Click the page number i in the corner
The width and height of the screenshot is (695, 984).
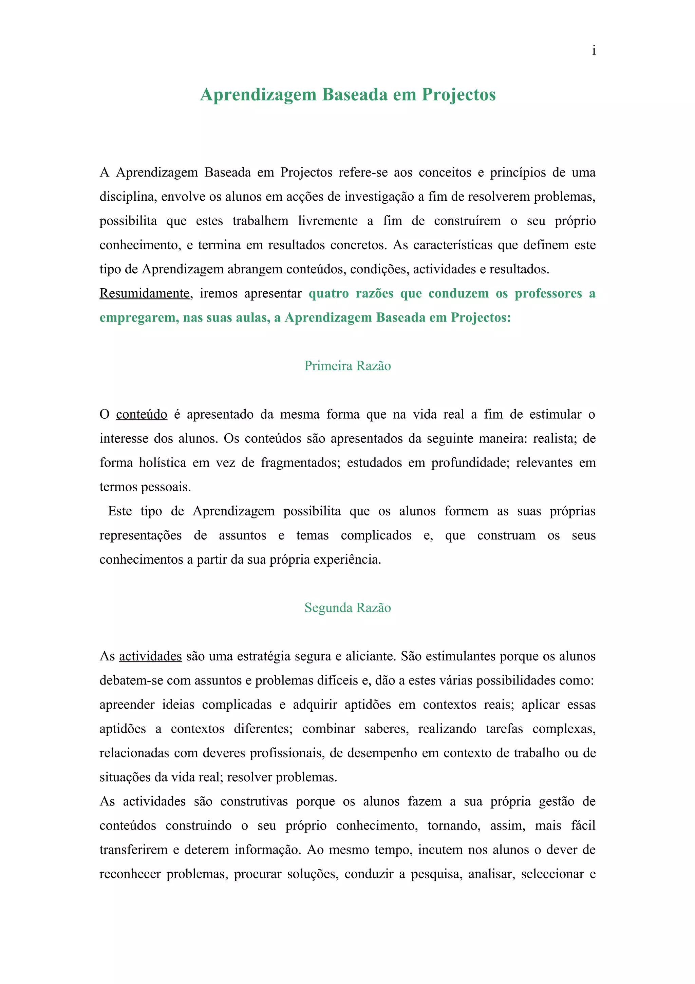point(594,51)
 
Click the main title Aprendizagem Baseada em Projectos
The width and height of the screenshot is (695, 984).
point(348,95)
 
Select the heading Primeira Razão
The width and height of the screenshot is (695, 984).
point(347,366)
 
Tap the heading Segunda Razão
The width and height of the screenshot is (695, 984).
point(347,607)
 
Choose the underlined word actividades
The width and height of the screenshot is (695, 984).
point(150,656)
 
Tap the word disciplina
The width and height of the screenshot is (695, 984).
point(127,197)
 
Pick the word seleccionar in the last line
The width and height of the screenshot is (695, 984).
point(552,874)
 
